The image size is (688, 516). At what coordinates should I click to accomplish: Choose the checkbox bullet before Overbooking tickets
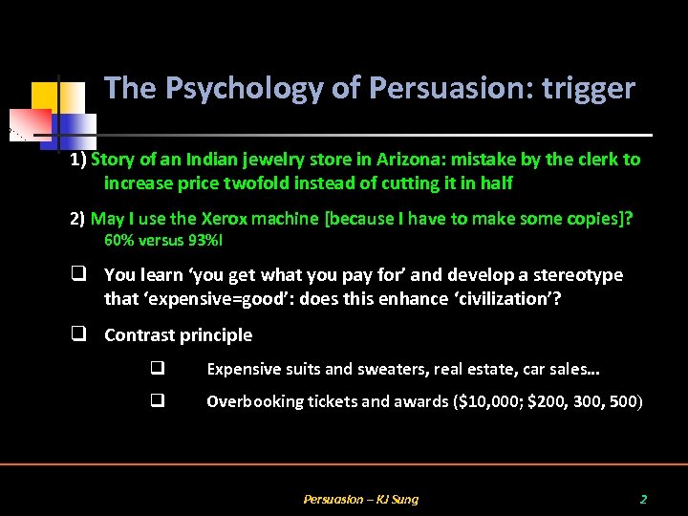[x=157, y=401]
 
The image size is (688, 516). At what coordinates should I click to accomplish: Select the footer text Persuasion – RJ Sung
[x=360, y=499]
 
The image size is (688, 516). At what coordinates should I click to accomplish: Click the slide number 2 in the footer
[x=643, y=499]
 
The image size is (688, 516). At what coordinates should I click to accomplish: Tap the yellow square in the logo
[x=44, y=95]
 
